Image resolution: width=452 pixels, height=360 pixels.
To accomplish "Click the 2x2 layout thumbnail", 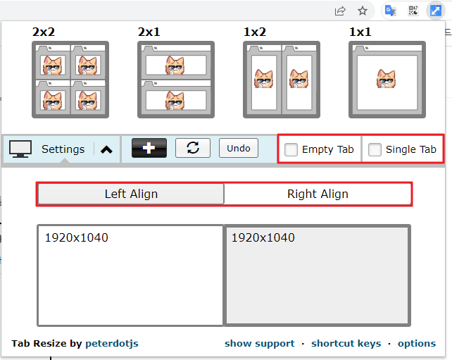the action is point(70,80).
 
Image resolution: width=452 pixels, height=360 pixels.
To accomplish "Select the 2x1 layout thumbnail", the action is point(176,80).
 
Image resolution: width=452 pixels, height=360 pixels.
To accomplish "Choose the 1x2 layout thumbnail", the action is point(282,80).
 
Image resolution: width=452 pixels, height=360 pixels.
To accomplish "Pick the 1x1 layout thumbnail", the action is point(387,80).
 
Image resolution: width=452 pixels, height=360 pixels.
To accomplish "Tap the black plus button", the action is point(149,148).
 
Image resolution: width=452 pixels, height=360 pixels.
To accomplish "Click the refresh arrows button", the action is point(193,148).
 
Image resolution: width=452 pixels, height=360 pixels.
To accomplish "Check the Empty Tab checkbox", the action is point(291,150).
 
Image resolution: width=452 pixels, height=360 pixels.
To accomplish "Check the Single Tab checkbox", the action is point(375,150).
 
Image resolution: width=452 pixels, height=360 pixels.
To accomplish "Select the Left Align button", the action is point(131,194).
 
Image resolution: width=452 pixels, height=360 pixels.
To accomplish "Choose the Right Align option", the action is point(318,194).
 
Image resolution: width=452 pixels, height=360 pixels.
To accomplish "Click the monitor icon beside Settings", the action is point(20,149).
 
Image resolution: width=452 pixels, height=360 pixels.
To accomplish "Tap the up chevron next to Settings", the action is point(106,149).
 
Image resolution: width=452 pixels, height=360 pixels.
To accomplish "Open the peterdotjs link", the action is point(112,344).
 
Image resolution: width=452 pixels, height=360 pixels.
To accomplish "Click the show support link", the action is point(259,343).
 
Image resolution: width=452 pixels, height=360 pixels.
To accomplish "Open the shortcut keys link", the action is point(346,343).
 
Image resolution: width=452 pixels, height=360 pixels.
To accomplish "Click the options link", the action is point(417,344).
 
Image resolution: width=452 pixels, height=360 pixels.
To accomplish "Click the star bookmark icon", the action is point(363,11).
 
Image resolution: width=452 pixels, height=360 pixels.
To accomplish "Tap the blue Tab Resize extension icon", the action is point(436,11).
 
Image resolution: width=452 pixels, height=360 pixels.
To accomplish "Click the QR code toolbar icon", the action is point(413,11).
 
